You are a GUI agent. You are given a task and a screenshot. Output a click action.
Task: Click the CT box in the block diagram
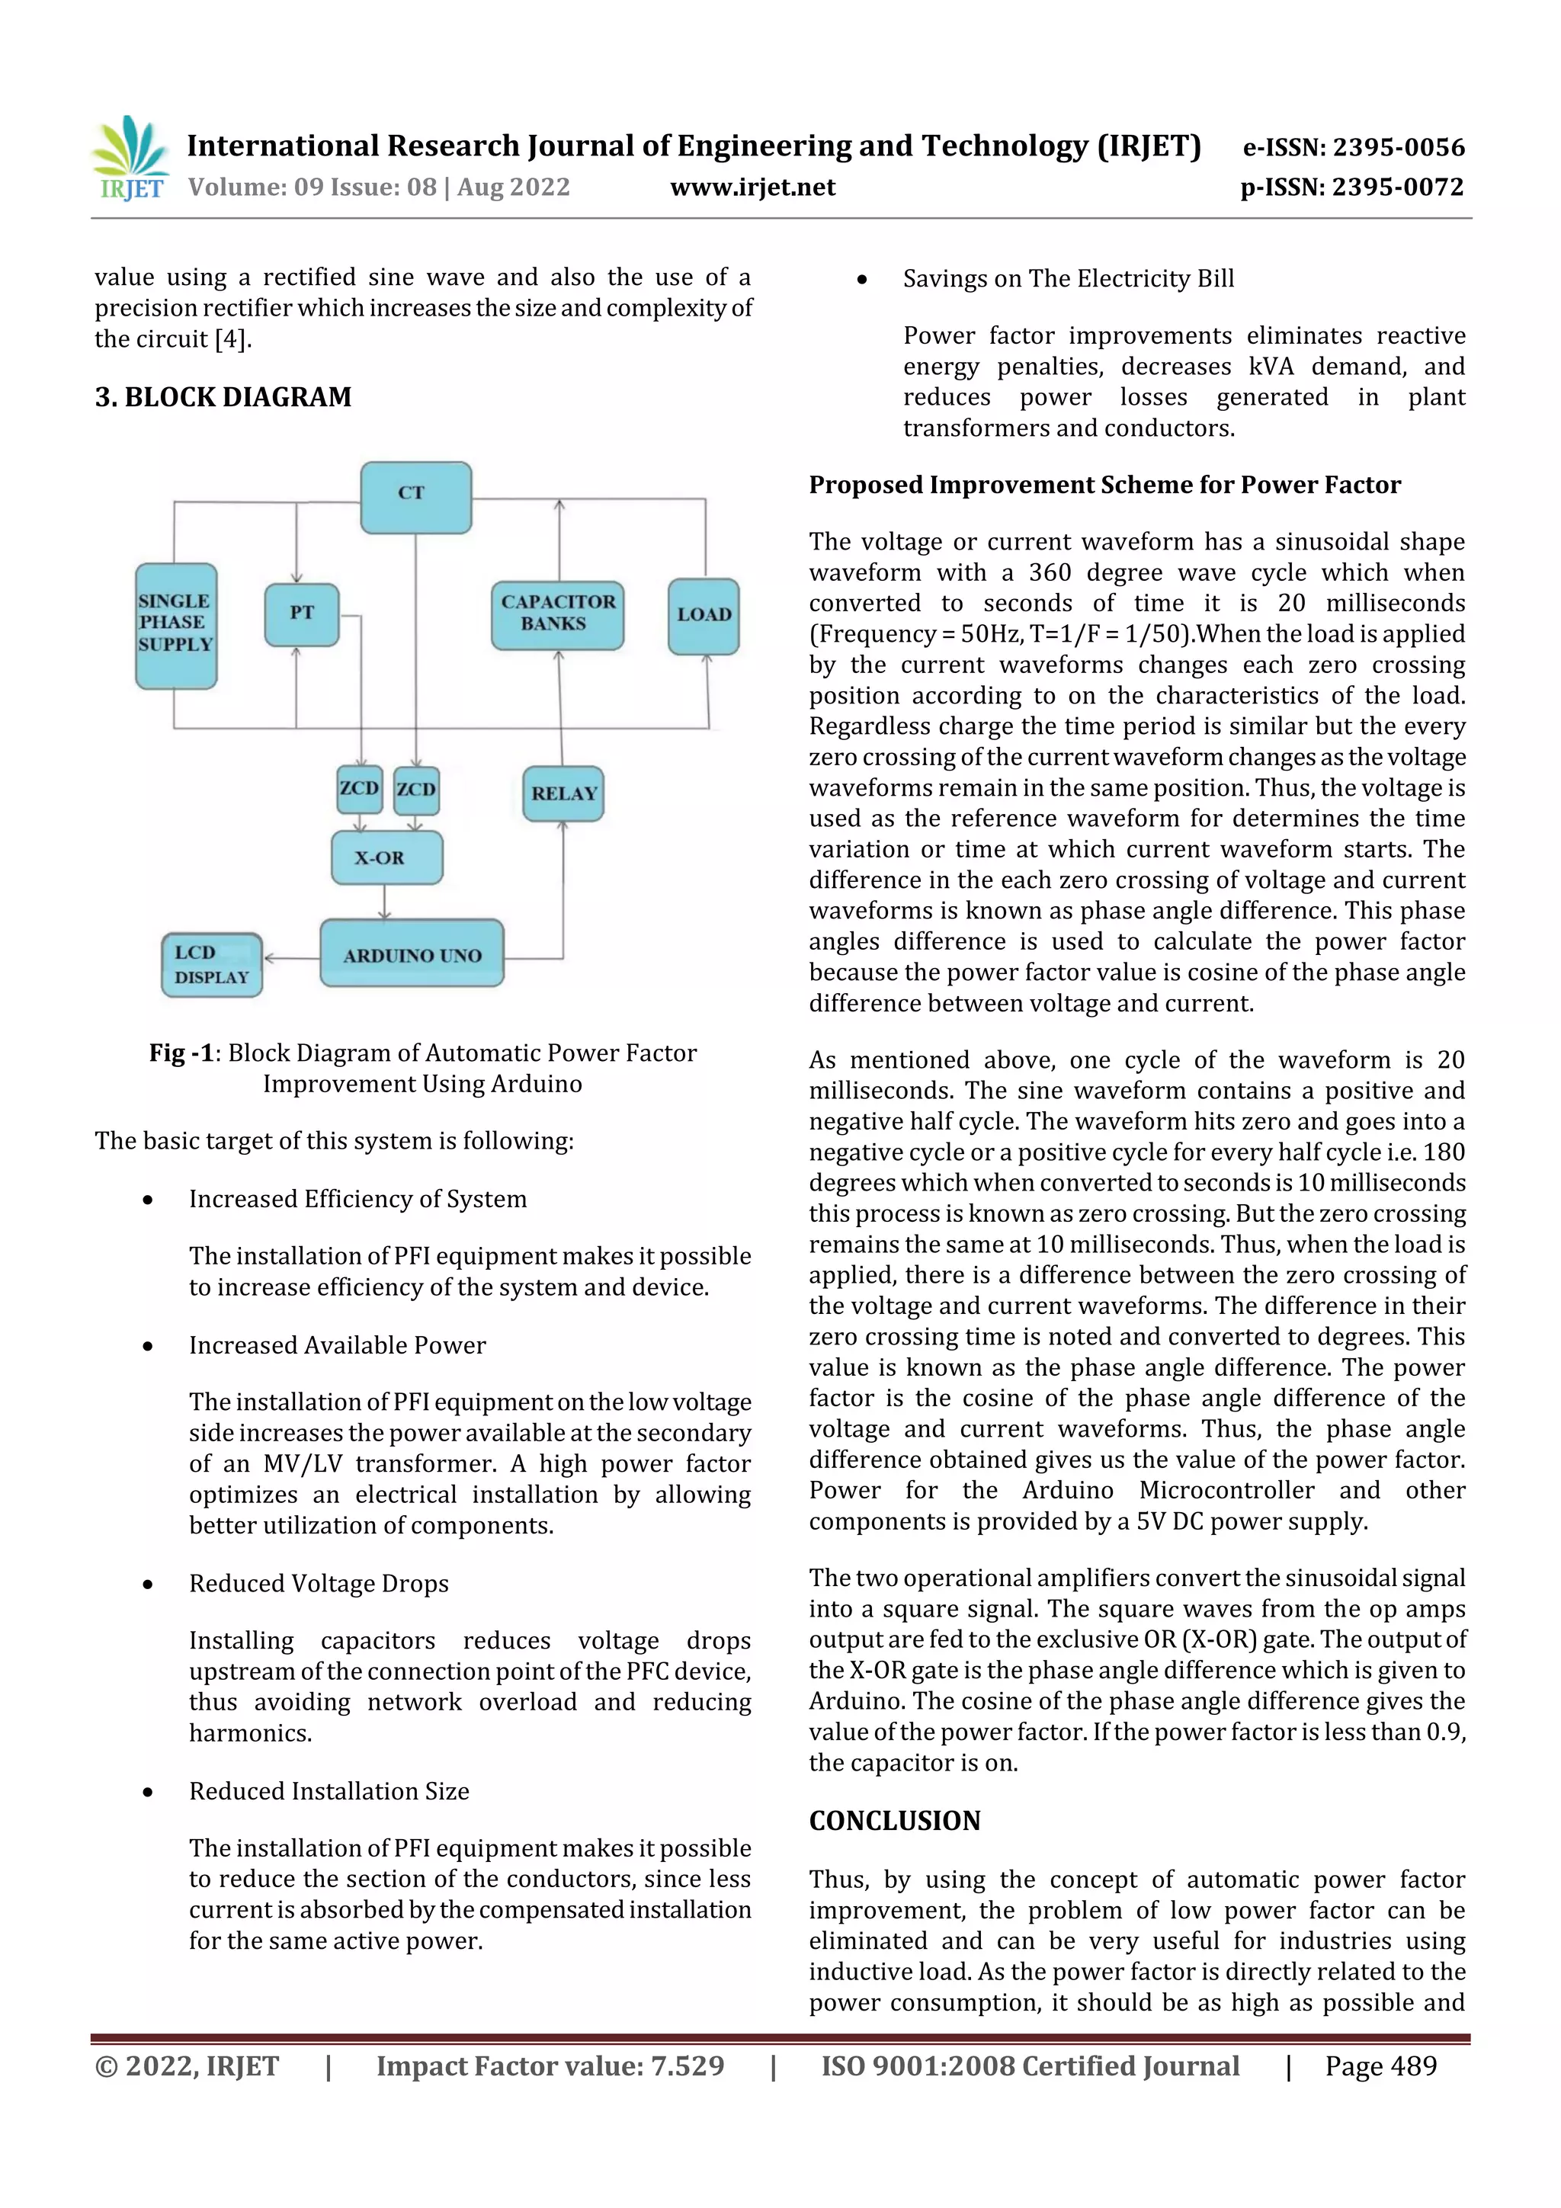point(415,496)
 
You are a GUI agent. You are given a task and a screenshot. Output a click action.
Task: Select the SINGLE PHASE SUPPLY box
point(176,625)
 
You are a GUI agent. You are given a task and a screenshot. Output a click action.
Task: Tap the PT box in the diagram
point(301,614)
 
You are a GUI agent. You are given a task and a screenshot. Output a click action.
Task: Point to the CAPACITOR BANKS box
point(557,614)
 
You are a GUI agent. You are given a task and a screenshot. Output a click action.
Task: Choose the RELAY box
point(563,793)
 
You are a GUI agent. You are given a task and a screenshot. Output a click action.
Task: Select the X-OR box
point(386,857)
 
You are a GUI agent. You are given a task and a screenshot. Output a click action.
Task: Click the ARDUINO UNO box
point(412,954)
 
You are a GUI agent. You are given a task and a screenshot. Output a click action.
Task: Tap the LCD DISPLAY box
point(212,965)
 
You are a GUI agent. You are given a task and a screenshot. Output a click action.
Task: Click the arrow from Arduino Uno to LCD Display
point(290,958)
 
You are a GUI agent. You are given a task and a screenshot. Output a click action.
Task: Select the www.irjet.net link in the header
point(752,187)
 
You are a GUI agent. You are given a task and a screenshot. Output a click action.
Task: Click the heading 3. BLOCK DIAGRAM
point(223,397)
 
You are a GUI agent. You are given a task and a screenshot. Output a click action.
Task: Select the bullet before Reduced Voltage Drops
point(147,1584)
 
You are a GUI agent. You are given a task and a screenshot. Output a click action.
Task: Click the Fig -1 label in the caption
point(181,1053)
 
